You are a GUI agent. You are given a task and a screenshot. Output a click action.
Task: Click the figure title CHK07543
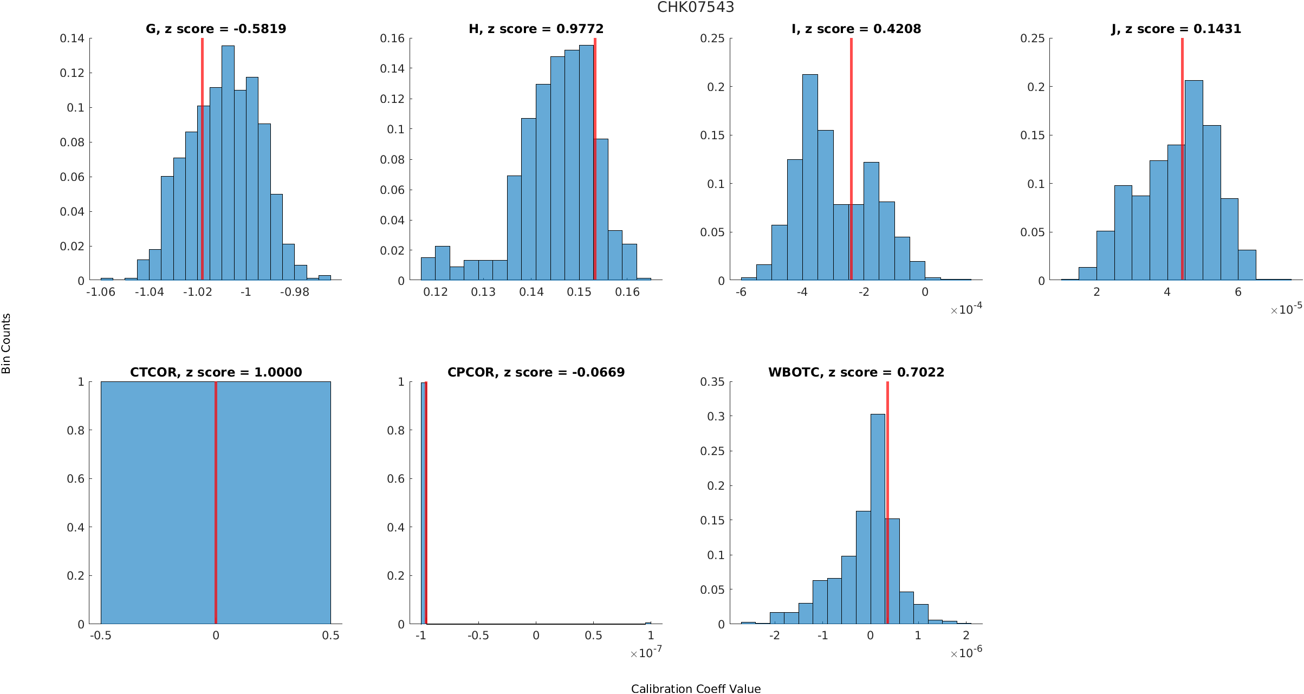pos(696,7)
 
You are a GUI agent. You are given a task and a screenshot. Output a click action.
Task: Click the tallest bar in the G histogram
pos(228,163)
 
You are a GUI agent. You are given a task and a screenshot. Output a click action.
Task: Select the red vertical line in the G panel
pos(202,163)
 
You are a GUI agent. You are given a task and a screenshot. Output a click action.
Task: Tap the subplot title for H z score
pos(536,29)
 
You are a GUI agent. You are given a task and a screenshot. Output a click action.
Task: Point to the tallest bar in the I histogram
pos(810,179)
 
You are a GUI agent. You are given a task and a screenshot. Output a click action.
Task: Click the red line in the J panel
pos(1182,163)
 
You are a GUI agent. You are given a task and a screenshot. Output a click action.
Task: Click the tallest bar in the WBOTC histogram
pos(878,520)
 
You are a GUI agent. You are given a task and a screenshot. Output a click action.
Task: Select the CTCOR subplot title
pos(216,372)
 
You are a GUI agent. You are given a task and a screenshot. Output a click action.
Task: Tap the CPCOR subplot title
pos(536,372)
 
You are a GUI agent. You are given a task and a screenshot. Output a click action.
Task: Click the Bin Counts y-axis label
pos(7,343)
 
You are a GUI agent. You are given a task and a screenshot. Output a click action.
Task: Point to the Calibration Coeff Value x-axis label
pos(696,689)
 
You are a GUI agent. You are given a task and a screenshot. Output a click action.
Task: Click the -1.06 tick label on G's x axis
pos(101,292)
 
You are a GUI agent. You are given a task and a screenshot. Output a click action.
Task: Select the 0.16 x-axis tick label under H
pos(627,292)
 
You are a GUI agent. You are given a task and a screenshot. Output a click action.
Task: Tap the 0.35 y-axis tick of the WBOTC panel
pos(712,382)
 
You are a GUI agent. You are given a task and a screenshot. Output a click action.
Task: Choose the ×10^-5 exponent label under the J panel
pos(1286,309)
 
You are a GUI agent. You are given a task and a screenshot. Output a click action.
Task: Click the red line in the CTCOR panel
pos(216,504)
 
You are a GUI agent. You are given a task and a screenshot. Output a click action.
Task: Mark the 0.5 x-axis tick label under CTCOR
pos(330,635)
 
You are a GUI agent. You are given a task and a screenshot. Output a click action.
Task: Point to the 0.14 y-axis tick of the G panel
pos(72,38)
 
